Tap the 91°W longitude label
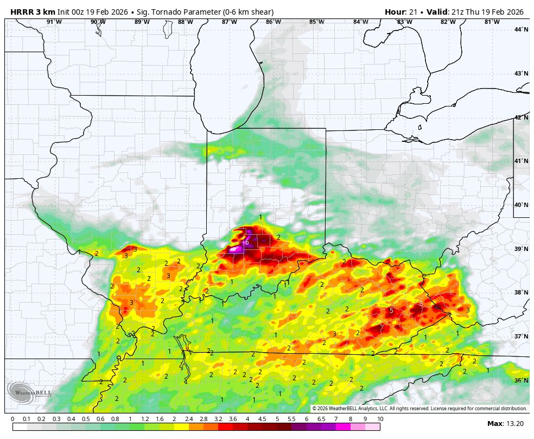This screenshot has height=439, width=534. click(x=54, y=22)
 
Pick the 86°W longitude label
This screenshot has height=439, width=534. click(x=274, y=22)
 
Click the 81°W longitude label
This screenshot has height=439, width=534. click(x=492, y=22)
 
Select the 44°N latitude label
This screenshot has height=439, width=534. click(x=521, y=29)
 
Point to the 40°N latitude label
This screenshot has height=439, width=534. click(x=521, y=205)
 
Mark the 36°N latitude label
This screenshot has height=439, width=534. click(x=521, y=380)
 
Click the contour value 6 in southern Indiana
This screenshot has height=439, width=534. click(x=247, y=242)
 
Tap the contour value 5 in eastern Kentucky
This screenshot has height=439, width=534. click(x=391, y=311)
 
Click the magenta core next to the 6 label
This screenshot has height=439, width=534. click(x=236, y=249)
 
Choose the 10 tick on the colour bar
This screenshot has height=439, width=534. click(x=380, y=419)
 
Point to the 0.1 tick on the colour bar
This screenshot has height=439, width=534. click(x=27, y=419)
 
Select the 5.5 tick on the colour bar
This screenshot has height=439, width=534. click(x=292, y=419)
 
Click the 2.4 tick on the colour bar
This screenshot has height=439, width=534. click(x=189, y=419)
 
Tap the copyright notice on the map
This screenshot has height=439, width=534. click(x=419, y=408)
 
